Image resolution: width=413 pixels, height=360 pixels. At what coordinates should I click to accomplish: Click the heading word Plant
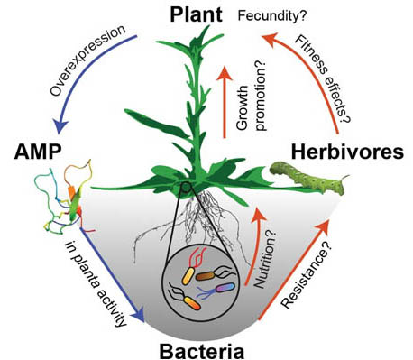pyautogui.click(x=199, y=14)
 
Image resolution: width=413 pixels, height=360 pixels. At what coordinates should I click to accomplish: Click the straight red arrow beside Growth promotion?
pyautogui.click(x=223, y=99)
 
